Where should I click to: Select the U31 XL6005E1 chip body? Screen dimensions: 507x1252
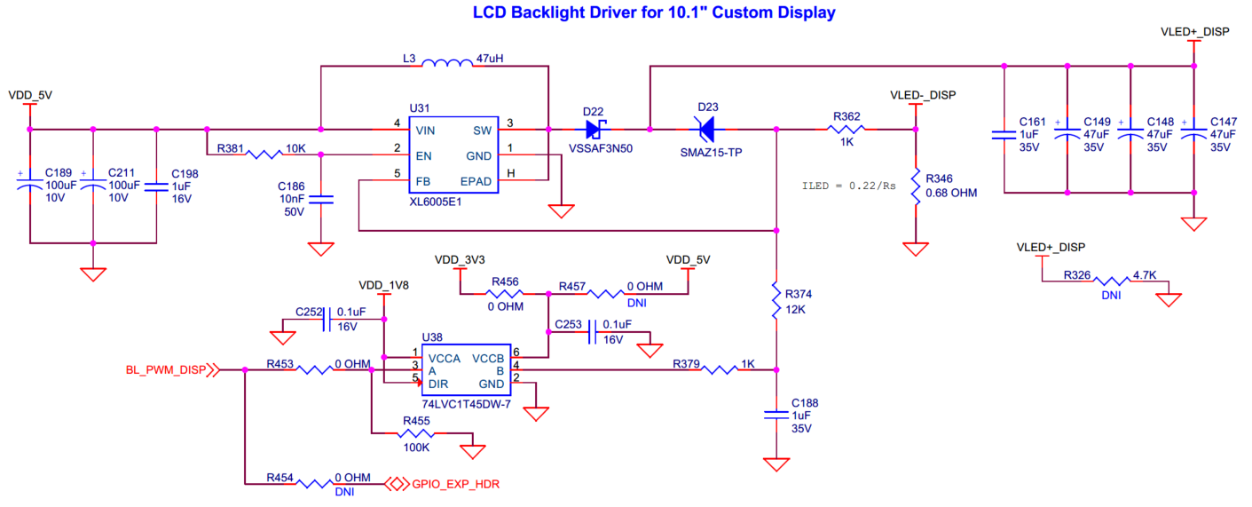pyautogui.click(x=453, y=155)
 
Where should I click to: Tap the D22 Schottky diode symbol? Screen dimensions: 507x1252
pyautogui.click(x=594, y=130)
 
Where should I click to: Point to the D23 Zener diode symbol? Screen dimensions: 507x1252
pyautogui.click(x=706, y=130)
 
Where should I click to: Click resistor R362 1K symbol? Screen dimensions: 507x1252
pyautogui.click(x=846, y=130)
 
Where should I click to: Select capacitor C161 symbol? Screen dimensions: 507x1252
pyautogui.click(x=1004, y=136)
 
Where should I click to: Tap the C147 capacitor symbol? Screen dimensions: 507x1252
pyautogui.click(x=1193, y=136)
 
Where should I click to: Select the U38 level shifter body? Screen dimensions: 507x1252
pyautogui.click(x=465, y=371)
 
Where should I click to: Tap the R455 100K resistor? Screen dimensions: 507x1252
pyautogui.click(x=414, y=434)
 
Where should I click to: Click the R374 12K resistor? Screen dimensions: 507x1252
pyautogui.click(x=776, y=299)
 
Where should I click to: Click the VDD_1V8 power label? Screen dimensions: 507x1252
pyautogui.click(x=383, y=286)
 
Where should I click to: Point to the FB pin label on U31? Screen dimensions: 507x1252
pyautogui.click(x=423, y=180)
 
